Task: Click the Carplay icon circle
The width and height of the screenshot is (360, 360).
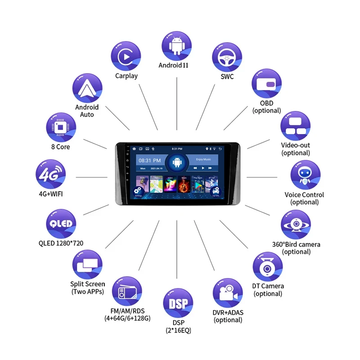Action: (126, 56)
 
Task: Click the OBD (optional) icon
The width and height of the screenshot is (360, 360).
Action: (266, 84)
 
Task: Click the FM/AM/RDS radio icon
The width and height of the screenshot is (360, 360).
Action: (126, 292)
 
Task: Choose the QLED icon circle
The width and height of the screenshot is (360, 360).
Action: (61, 224)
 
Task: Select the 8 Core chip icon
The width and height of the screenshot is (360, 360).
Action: (60, 127)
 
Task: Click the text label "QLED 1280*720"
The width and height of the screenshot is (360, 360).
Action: (61, 243)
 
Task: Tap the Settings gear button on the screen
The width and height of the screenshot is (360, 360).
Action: (138, 191)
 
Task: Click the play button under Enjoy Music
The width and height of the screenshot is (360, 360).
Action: (203, 168)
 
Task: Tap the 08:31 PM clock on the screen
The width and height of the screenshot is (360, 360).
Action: (150, 160)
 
